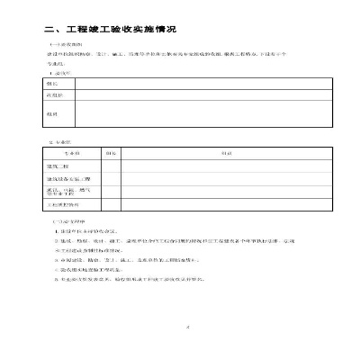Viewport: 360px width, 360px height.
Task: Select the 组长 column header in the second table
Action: click(x=111, y=153)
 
